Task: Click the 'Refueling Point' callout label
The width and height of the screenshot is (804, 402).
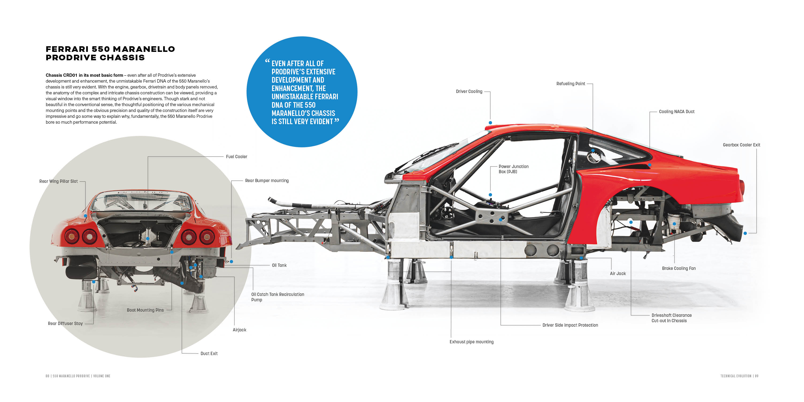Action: [x=570, y=84]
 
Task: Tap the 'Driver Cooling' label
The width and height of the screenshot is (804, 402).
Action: [x=469, y=92]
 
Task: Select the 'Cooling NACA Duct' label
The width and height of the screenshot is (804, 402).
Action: [x=676, y=112]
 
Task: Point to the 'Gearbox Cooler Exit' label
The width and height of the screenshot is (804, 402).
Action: [x=741, y=145]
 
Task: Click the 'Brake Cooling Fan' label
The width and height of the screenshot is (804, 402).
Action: [x=679, y=268]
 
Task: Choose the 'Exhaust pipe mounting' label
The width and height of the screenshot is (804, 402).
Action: [x=471, y=342]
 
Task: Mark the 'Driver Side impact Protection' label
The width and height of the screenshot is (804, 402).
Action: [x=570, y=325]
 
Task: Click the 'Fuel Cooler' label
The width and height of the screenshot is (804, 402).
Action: [x=236, y=157]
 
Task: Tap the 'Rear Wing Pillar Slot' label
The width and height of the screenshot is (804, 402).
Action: [x=58, y=181]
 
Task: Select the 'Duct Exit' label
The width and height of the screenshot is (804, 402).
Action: [x=209, y=354]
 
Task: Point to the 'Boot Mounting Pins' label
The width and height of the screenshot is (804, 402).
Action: [x=145, y=310]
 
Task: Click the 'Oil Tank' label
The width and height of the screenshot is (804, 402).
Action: [x=279, y=265]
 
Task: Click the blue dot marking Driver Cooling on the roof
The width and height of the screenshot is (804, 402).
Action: [x=490, y=123]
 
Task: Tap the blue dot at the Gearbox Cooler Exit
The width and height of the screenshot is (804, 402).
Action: [x=745, y=233]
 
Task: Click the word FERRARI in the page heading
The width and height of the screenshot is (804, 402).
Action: [x=67, y=49]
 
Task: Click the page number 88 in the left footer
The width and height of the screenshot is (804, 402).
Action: [x=47, y=376]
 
